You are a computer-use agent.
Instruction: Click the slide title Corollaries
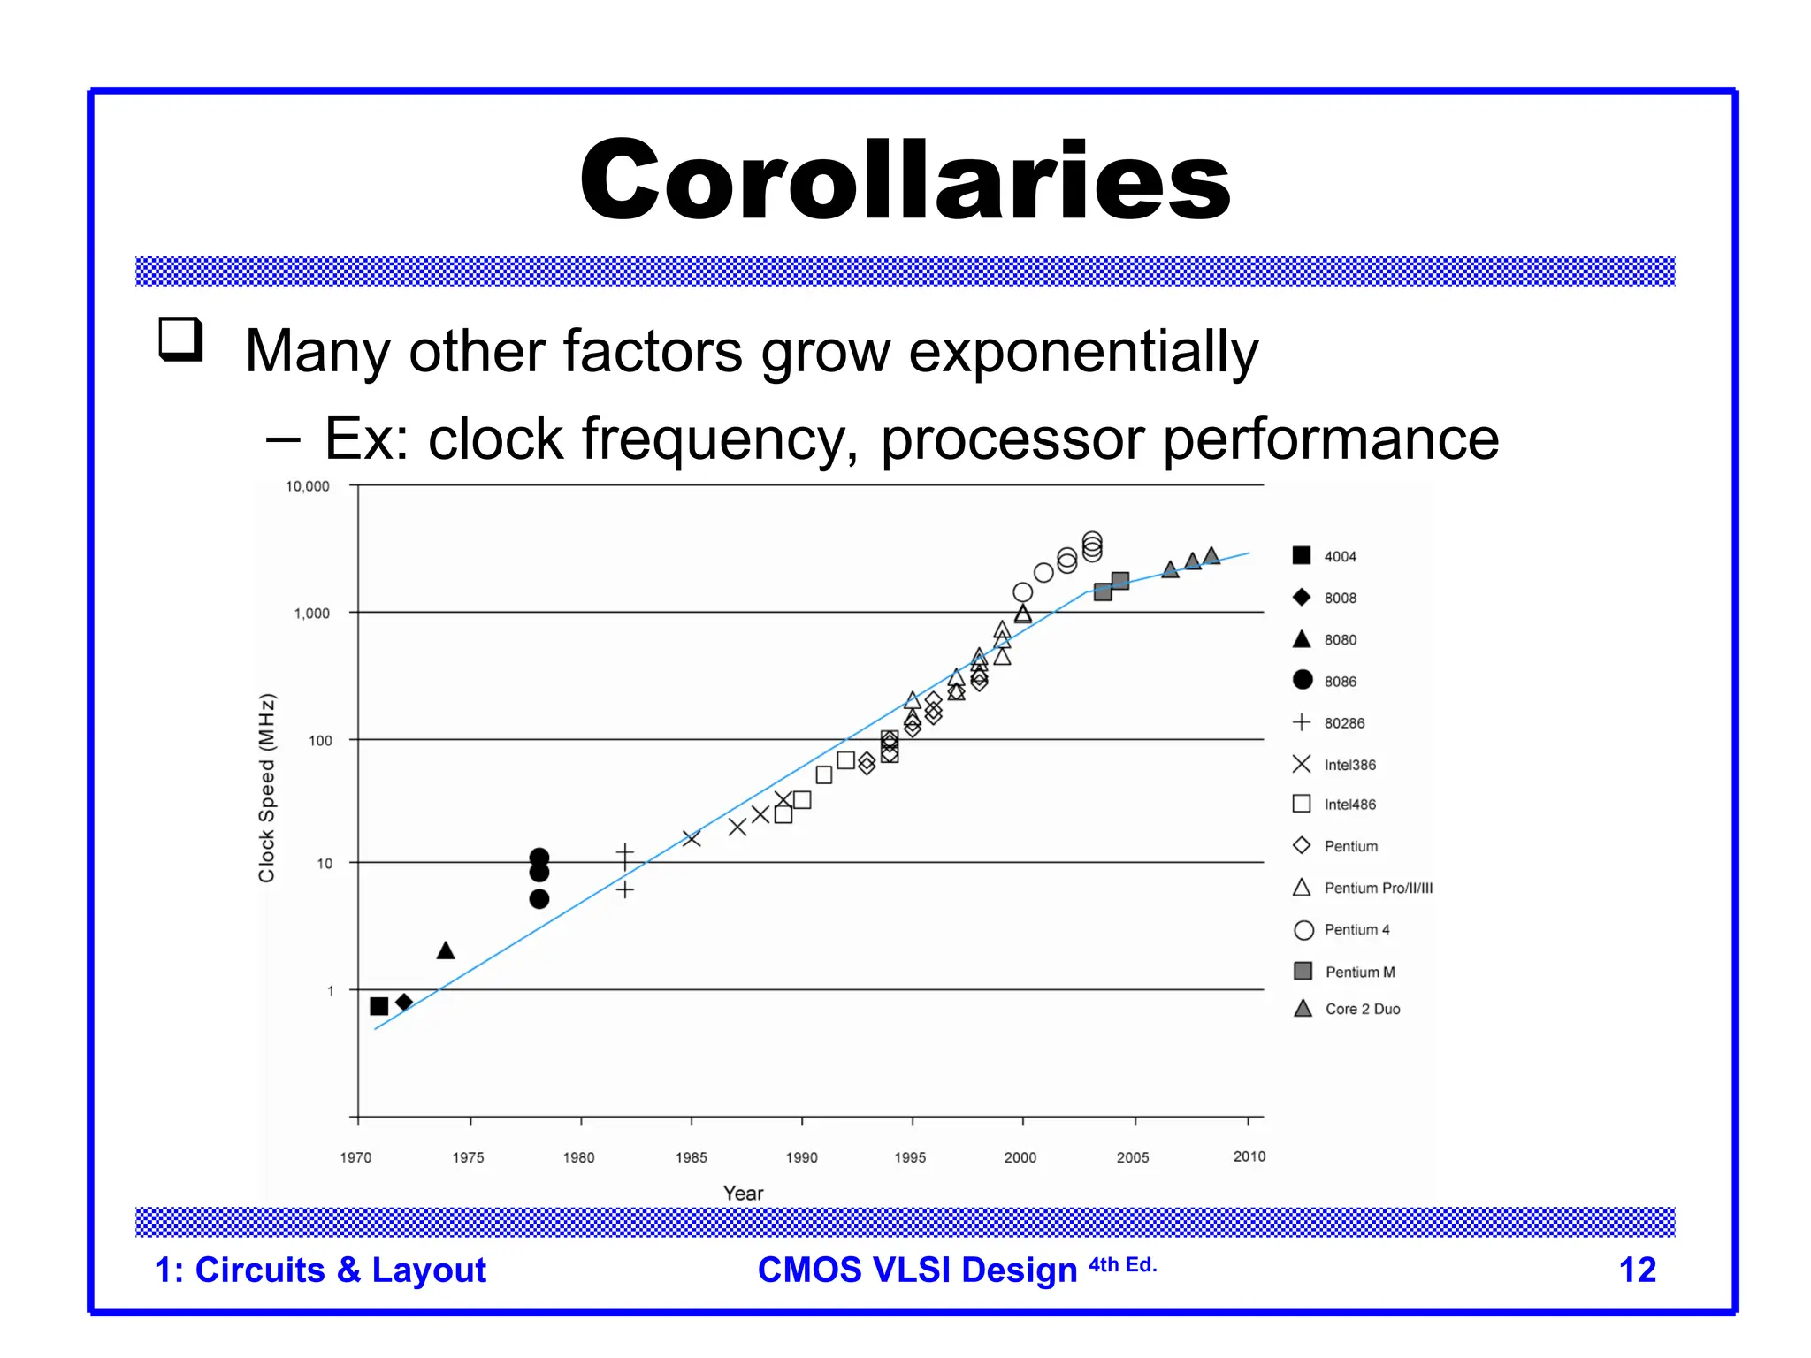click(x=905, y=180)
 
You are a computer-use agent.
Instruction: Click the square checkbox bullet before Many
click(x=181, y=339)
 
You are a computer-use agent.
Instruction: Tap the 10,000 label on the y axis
click(x=307, y=486)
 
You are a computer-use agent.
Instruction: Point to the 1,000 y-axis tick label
click(x=311, y=614)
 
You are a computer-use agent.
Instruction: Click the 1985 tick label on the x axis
click(x=691, y=1157)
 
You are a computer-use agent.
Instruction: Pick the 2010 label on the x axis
click(x=1249, y=1156)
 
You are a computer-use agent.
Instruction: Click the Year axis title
click(x=743, y=1193)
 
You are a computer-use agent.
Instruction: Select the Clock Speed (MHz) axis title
click(x=267, y=787)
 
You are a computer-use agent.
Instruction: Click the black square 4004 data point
click(x=379, y=1006)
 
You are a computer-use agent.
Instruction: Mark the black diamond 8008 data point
click(x=404, y=1002)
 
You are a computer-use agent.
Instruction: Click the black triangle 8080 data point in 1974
click(x=446, y=951)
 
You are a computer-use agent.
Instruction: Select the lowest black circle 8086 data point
click(x=539, y=899)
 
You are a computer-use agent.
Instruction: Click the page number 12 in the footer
click(x=1637, y=1270)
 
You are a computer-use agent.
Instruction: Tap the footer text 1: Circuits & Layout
click(x=320, y=1270)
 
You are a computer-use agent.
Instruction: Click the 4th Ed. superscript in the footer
click(x=1122, y=1265)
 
